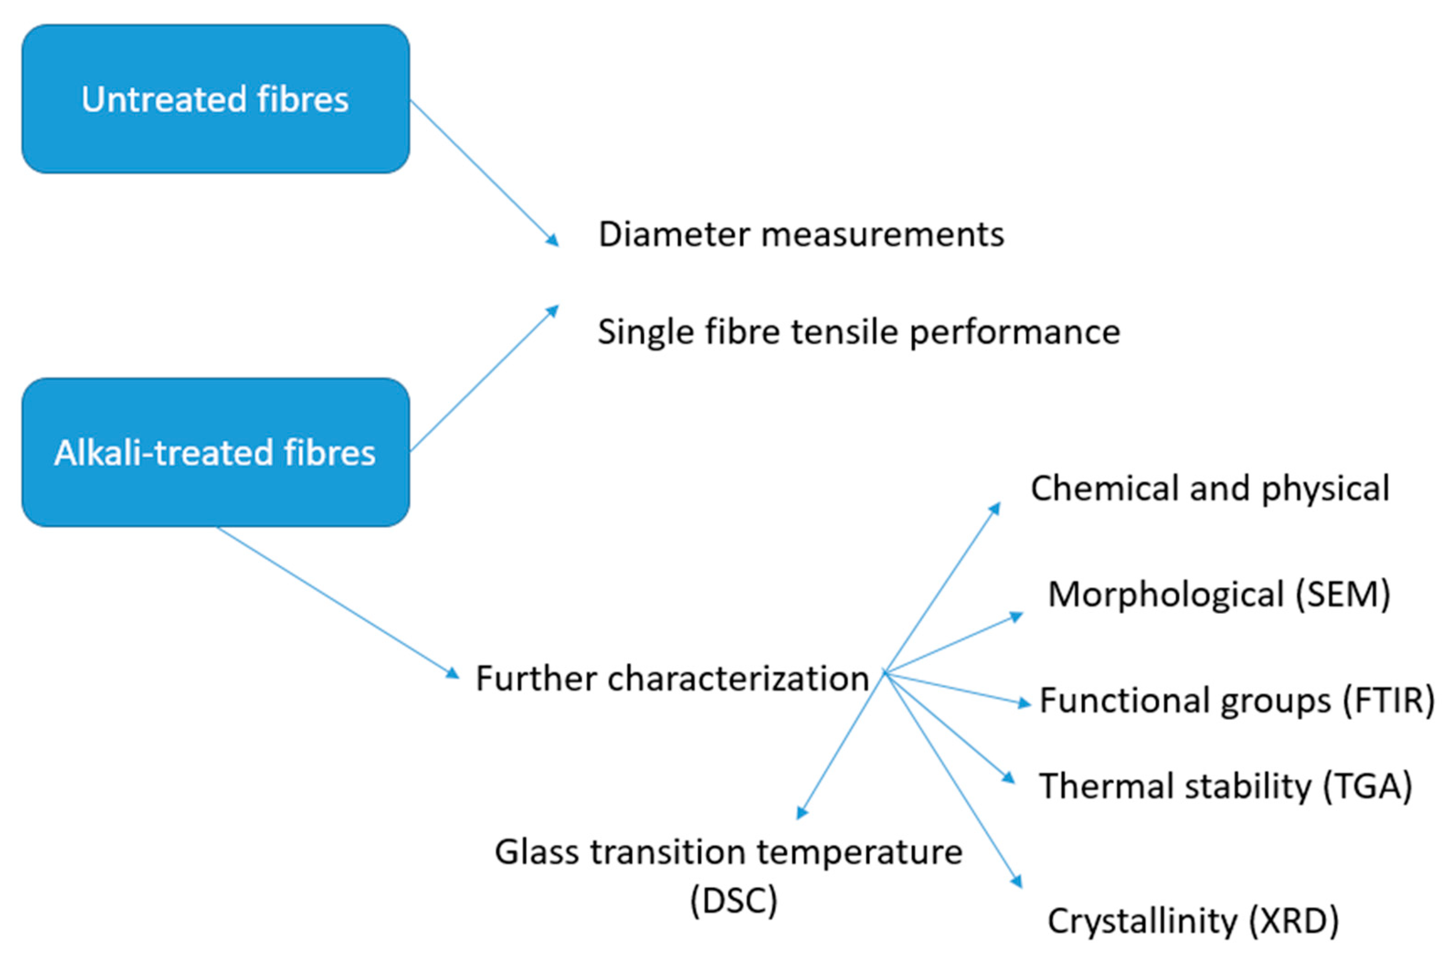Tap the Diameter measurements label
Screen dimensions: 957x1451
point(801,234)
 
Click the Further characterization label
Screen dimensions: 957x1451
point(672,678)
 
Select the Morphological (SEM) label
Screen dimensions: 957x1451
point(1219,594)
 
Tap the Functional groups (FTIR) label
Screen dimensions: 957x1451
point(1236,700)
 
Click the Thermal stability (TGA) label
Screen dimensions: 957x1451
point(1225,786)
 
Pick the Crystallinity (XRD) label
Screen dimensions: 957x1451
point(1193,921)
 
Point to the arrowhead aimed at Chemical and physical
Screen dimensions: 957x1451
point(995,508)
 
